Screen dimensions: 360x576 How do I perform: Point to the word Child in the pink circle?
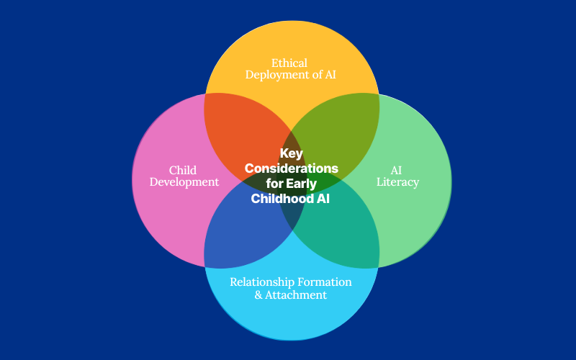[x=183, y=170]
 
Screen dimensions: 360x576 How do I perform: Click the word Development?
[x=184, y=182]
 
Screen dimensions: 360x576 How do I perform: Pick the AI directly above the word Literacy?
[x=397, y=170]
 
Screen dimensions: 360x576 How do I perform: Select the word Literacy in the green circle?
[x=397, y=182]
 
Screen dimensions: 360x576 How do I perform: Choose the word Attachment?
[x=297, y=294]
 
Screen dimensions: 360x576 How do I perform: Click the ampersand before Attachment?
[x=258, y=294]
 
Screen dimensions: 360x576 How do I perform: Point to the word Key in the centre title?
[x=291, y=153]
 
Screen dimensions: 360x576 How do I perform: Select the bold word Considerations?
[x=291, y=168]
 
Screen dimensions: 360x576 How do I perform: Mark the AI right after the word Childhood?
[x=323, y=199]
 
